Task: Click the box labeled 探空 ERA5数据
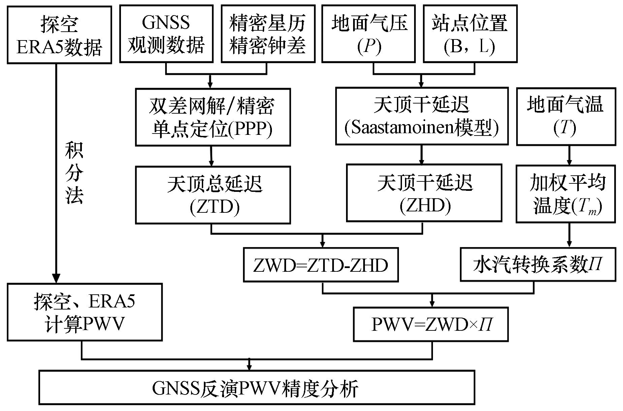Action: pos(59,35)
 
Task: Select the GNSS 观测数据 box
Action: pos(166,34)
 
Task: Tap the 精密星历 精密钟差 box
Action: pos(268,34)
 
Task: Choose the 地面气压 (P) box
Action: pos(369,34)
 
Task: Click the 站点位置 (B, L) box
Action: pos(470,34)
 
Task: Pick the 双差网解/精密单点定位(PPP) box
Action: pos(213,117)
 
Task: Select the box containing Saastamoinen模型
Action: pos(422,116)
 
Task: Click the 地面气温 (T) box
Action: pos(566,116)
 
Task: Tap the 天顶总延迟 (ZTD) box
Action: pos(213,195)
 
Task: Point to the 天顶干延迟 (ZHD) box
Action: pos(424,193)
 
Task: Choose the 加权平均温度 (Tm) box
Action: pos(566,194)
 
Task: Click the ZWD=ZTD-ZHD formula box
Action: pos(321,265)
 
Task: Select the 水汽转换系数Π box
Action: pos(538,265)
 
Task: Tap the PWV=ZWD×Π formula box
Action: pos(431,324)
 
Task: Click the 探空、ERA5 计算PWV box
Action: pos(85,312)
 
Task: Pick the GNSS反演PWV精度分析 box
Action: pos(257,387)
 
